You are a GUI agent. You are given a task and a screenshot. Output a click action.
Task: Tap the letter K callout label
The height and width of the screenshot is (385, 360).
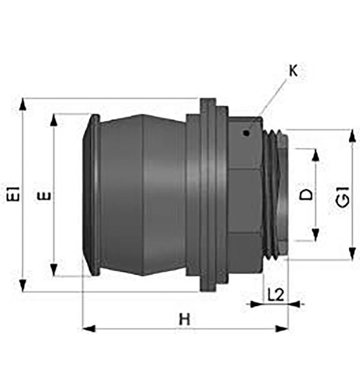pyautogui.click(x=293, y=71)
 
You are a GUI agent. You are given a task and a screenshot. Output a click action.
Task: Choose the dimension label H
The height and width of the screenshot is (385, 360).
pyautogui.click(x=184, y=320)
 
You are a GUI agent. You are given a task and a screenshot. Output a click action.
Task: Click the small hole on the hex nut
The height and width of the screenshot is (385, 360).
pyautogui.click(x=246, y=133)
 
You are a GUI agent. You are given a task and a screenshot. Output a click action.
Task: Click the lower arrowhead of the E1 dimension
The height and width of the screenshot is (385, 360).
pyautogui.click(x=23, y=286)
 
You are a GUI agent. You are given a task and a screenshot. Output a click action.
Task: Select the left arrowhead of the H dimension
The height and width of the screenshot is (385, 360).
pyautogui.click(x=89, y=328)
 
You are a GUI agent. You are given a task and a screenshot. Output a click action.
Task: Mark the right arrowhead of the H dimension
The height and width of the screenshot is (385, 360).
pyautogui.click(x=281, y=328)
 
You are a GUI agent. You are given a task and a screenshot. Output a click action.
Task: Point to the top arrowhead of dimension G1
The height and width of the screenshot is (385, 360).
pyautogui.click(x=352, y=136)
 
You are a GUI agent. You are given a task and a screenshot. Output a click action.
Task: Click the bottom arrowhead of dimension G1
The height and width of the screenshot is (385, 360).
pyautogui.click(x=352, y=253)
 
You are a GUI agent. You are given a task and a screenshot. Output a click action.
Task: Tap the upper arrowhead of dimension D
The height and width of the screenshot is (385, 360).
pyautogui.click(x=316, y=155)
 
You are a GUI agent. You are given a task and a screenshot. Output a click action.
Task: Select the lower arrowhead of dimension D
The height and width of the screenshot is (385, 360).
pyautogui.click(x=316, y=235)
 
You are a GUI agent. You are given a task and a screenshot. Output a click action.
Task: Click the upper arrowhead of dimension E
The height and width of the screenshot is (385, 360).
pyautogui.click(x=54, y=120)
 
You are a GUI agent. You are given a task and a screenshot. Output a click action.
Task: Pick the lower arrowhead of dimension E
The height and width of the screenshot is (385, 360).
pyautogui.click(x=54, y=270)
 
